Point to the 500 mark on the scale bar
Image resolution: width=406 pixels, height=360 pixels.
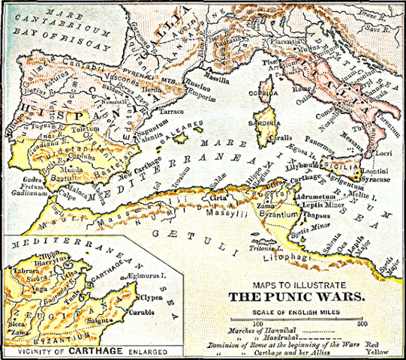click(362, 323)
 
